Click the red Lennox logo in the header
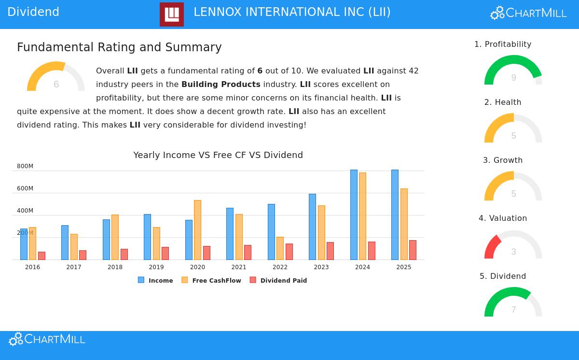172,14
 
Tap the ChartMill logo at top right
528,13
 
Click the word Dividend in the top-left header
33,12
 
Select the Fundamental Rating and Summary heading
119,47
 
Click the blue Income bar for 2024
354,215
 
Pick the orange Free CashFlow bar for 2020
197,230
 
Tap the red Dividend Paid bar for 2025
413,250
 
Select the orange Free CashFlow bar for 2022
280,248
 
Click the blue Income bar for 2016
24,244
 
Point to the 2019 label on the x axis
156,267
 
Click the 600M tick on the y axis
25,188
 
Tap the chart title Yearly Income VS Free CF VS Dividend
218,155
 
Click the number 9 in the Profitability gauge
513,78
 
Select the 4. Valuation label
503,218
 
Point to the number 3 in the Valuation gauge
513,252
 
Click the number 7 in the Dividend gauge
513,310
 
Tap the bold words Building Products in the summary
221,84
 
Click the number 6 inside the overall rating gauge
56,85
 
